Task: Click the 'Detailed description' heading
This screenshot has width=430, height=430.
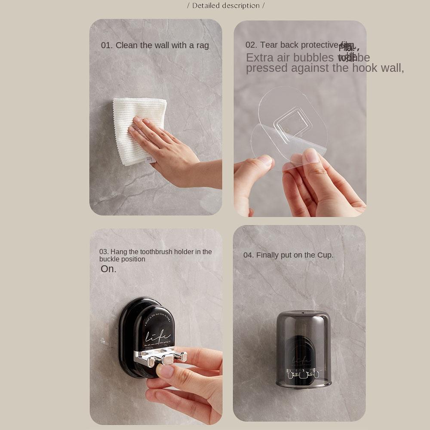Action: tap(226, 6)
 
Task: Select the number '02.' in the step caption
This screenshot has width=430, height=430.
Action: tap(251, 45)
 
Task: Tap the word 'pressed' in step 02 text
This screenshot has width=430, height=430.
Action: tap(267, 68)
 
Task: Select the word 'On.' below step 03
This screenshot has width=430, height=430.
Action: tap(108, 269)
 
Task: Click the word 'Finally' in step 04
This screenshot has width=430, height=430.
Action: tap(267, 255)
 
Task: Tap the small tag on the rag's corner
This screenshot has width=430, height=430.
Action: tap(150, 159)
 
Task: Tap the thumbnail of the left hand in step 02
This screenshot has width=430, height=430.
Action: tap(265, 160)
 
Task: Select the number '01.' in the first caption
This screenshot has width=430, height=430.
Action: tap(107, 45)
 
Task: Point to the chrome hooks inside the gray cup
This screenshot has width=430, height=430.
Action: tap(303, 374)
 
